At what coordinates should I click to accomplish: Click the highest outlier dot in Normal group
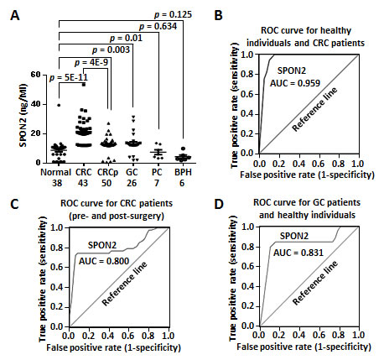click(x=34, y=105)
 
